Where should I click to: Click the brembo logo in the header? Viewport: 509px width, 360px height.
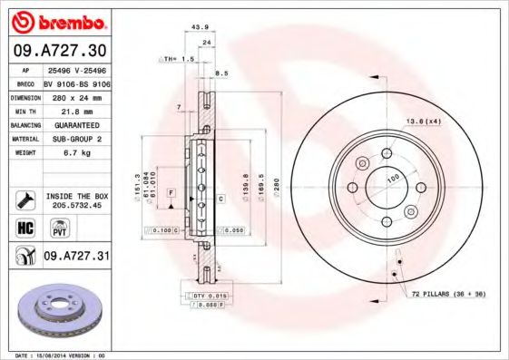click(x=56, y=21)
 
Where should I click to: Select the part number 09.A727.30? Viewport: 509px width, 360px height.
click(x=56, y=51)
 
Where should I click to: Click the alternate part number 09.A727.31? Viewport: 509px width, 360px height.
click(x=76, y=258)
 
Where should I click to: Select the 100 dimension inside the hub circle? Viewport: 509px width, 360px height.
click(x=393, y=179)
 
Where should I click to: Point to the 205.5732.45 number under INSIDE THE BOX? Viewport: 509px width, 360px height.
click(x=77, y=205)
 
